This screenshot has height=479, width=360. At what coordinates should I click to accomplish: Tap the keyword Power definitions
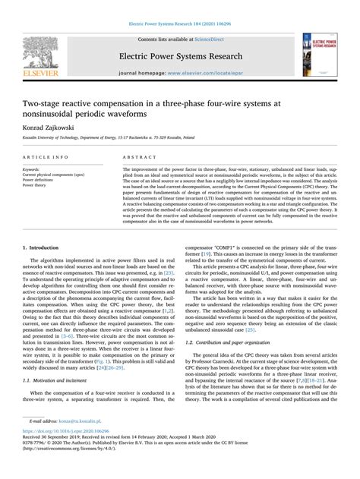(44, 181)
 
